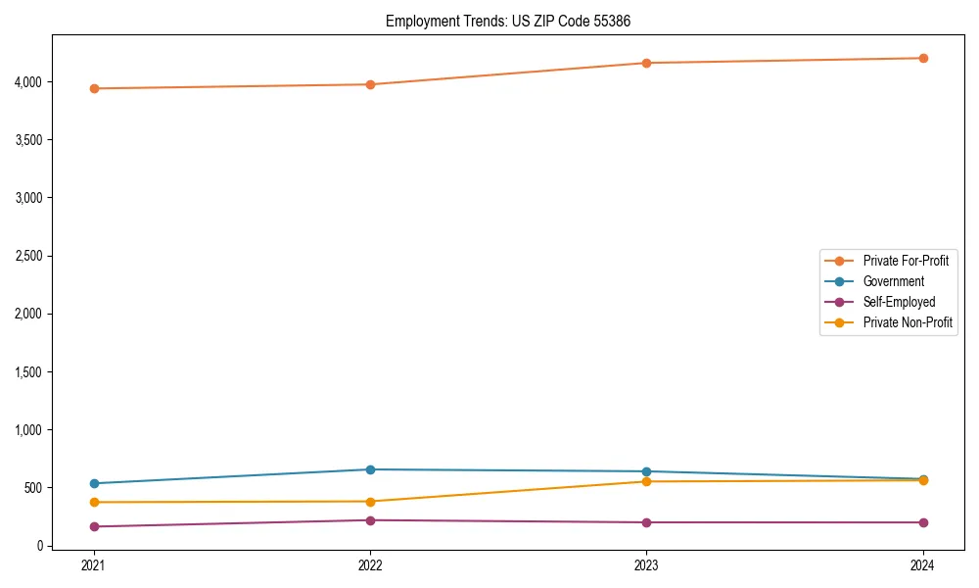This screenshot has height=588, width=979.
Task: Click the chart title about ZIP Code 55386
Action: [515, 21]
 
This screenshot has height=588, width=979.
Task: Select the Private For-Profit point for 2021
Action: [94, 88]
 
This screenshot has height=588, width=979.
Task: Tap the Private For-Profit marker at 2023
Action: [646, 63]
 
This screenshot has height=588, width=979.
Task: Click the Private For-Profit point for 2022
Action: [370, 84]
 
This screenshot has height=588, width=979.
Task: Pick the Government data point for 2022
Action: [370, 469]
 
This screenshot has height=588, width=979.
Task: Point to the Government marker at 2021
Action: [94, 483]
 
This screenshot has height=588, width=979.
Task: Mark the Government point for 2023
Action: [646, 471]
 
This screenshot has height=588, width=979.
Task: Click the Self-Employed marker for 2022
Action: [370, 520]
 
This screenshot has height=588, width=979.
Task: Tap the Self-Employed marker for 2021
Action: [94, 526]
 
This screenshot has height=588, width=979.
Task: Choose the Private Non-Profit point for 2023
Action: [646, 481]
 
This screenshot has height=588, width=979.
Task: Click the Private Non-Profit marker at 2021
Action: [94, 502]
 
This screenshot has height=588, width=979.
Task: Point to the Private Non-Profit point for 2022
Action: [370, 501]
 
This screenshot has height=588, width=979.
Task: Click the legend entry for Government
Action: [893, 281]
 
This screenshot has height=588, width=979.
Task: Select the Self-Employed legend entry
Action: [899, 302]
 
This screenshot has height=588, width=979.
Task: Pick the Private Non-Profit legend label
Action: [908, 322]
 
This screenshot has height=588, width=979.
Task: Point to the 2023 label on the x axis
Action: [646, 564]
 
